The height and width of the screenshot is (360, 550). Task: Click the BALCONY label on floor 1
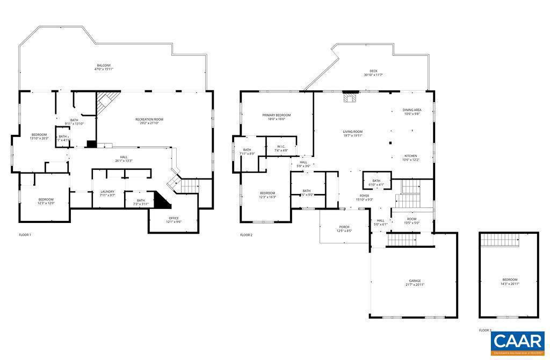[x=104, y=65]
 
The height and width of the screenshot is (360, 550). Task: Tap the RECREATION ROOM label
[x=149, y=119]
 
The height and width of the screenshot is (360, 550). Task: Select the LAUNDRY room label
[x=108, y=191]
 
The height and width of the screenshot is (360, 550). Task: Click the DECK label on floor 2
[x=373, y=71]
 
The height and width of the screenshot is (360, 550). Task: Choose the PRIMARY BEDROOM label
[x=277, y=115]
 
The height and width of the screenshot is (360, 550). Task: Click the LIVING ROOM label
[x=353, y=132]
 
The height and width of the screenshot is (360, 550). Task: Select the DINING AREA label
[x=412, y=110]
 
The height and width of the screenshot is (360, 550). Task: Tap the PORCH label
[x=344, y=227]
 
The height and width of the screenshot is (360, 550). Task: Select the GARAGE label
[x=415, y=280]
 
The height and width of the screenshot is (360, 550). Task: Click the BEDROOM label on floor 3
[x=510, y=279]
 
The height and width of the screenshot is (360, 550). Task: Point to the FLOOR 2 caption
[x=246, y=235]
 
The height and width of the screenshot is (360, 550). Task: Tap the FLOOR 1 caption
[x=25, y=235]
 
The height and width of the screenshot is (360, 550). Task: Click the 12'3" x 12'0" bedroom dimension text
[x=46, y=204]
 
